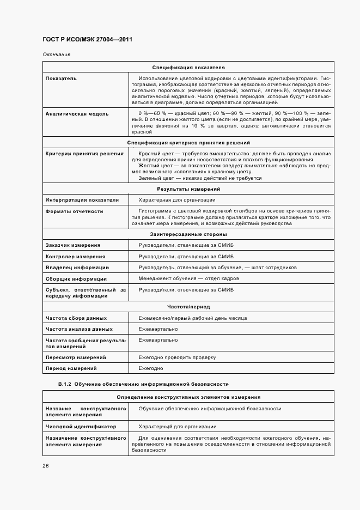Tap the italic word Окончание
56,54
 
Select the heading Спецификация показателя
188,68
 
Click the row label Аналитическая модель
77,114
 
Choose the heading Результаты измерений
188,189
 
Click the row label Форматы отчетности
74,211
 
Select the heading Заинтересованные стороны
188,234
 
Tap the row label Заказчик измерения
73,245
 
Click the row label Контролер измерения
75,256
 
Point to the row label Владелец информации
77,268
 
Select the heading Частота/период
188,307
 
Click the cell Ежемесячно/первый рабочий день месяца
193,318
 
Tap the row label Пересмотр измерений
75,357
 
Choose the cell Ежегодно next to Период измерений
151,368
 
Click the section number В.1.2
65,384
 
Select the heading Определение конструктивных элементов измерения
188,397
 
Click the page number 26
46,466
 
